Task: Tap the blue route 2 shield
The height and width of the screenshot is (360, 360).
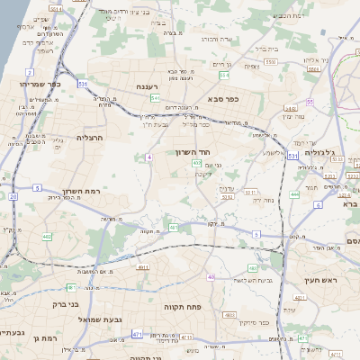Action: [x=30, y=71]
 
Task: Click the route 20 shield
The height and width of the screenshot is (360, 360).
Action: [x=13, y=195]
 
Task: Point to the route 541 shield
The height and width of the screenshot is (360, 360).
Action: [x=155, y=97]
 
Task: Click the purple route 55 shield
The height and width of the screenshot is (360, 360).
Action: [x=310, y=103]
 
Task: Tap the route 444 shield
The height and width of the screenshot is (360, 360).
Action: [x=294, y=194]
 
